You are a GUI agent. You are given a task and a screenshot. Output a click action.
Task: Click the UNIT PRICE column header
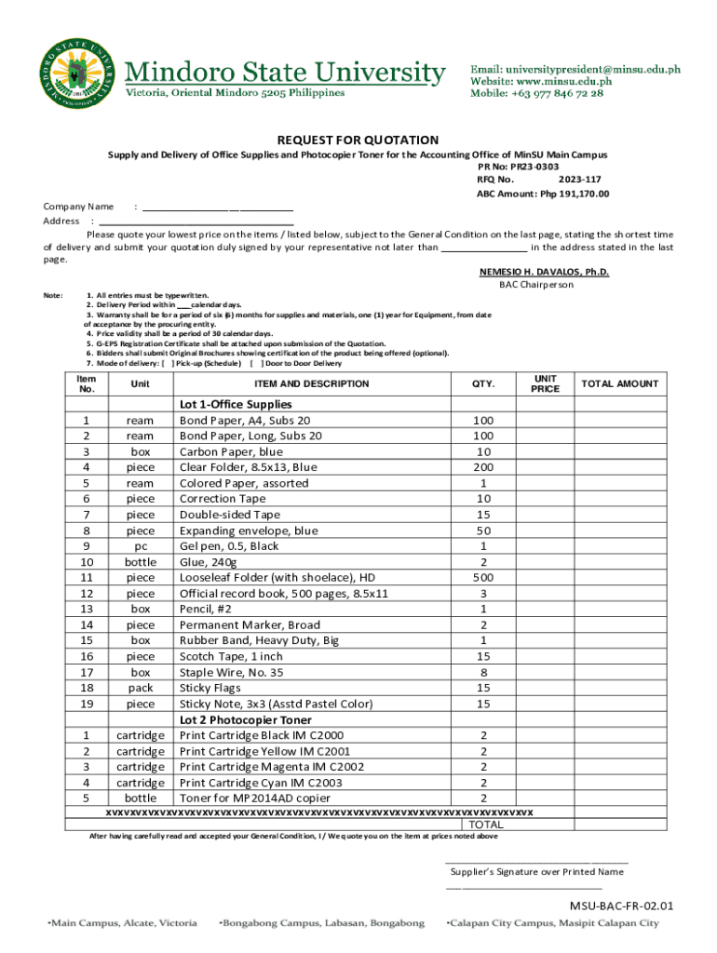(x=545, y=383)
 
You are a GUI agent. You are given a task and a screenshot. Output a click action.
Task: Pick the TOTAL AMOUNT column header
(x=619, y=383)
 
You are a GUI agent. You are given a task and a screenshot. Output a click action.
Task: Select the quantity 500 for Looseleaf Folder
(x=483, y=578)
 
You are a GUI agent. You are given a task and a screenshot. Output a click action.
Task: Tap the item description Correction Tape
(x=222, y=499)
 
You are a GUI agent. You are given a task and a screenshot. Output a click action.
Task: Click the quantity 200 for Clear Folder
(x=483, y=467)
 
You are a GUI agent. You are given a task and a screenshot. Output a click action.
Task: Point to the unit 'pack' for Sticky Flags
(x=141, y=688)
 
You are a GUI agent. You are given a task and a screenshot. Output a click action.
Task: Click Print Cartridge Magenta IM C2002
(x=272, y=767)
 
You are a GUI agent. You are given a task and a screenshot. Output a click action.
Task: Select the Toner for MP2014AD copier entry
(x=254, y=799)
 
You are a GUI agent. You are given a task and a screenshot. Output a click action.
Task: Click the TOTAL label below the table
(x=486, y=825)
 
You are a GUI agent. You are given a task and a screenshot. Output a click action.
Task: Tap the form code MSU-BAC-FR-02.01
(x=622, y=906)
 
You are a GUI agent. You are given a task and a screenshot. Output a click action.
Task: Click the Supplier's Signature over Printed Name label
(x=536, y=872)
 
